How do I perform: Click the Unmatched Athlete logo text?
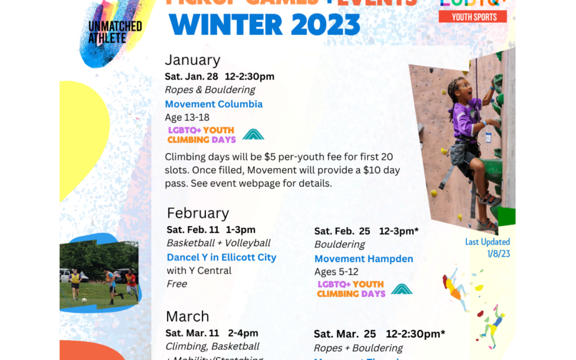[x=115, y=31]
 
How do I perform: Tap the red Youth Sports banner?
[x=473, y=17]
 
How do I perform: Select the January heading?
[x=192, y=60]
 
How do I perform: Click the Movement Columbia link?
[x=214, y=104]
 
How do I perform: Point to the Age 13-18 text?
[x=187, y=118]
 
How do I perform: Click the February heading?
[x=198, y=213]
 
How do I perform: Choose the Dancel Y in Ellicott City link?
[x=221, y=257]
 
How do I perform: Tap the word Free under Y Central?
[x=177, y=284]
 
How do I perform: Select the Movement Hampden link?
[x=363, y=259]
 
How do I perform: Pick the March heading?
[x=187, y=316]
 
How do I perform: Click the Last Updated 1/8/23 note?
[x=487, y=248]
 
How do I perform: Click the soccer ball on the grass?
[x=84, y=300]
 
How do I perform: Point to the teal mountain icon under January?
[x=253, y=134]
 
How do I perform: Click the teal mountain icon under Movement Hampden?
[x=401, y=289]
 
